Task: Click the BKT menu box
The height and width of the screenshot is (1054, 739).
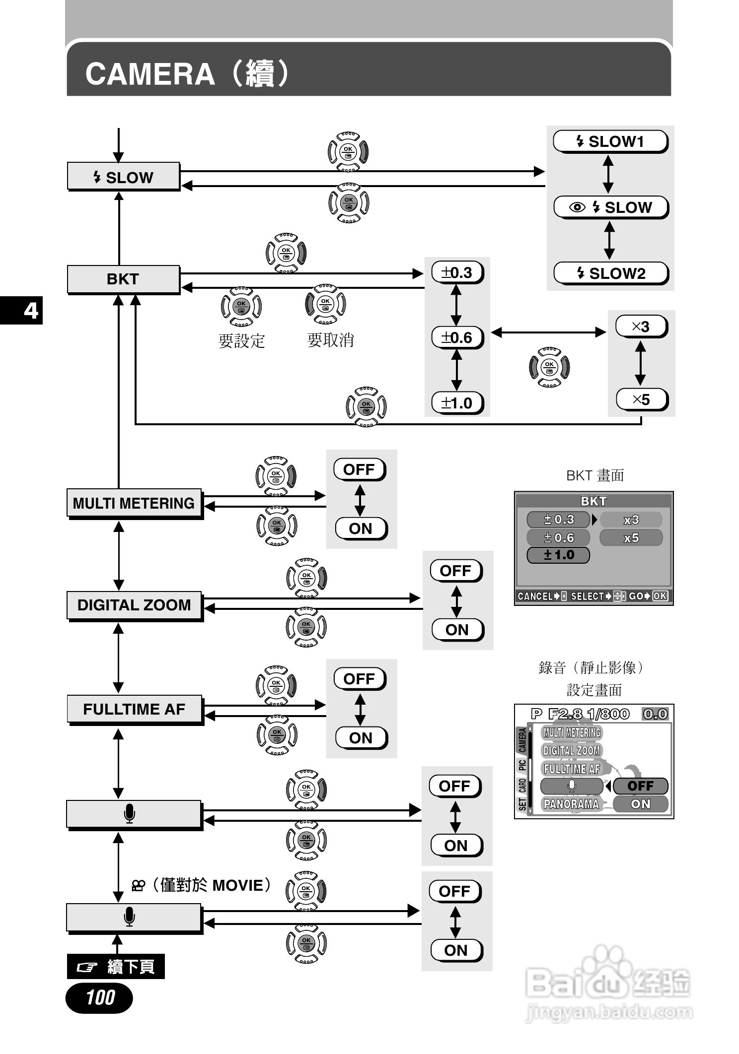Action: click(123, 279)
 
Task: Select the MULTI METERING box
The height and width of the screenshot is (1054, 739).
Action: click(134, 503)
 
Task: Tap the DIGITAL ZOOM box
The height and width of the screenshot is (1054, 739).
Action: click(134, 605)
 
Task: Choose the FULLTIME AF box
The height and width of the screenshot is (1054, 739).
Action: click(134, 709)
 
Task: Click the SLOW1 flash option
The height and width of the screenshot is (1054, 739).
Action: click(610, 142)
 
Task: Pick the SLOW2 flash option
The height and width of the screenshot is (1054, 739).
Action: click(611, 273)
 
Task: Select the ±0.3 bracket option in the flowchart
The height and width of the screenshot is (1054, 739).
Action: click(457, 272)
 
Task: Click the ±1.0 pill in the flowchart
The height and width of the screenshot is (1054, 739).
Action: click(457, 403)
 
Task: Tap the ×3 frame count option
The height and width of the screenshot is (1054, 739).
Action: click(641, 327)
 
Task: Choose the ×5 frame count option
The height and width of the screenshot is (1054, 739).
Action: click(641, 399)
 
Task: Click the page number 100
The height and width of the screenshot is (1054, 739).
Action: click(99, 997)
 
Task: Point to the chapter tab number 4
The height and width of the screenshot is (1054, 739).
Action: click(31, 311)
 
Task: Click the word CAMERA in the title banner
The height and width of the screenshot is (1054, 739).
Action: click(150, 74)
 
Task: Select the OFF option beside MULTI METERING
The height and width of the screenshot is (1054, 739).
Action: click(360, 469)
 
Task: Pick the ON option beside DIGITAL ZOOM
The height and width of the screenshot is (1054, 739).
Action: click(457, 630)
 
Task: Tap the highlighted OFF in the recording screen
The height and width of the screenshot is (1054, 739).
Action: click(640, 786)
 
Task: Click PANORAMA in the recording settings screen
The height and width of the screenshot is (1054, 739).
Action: click(571, 804)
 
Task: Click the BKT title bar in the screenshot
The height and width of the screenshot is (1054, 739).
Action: click(593, 501)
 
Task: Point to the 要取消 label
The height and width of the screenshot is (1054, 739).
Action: click(330, 340)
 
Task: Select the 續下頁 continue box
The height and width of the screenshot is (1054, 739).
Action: click(116, 967)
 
